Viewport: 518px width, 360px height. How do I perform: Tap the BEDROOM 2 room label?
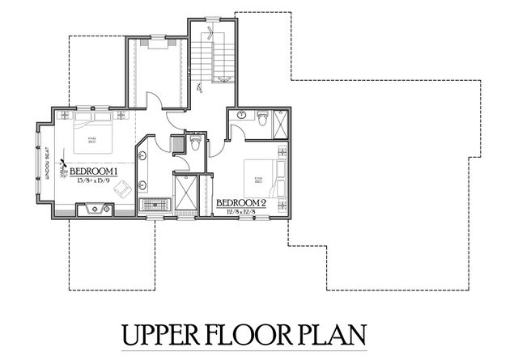240,202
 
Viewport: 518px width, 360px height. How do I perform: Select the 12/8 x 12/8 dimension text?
240,212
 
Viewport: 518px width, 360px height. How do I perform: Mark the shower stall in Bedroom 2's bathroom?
281,124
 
